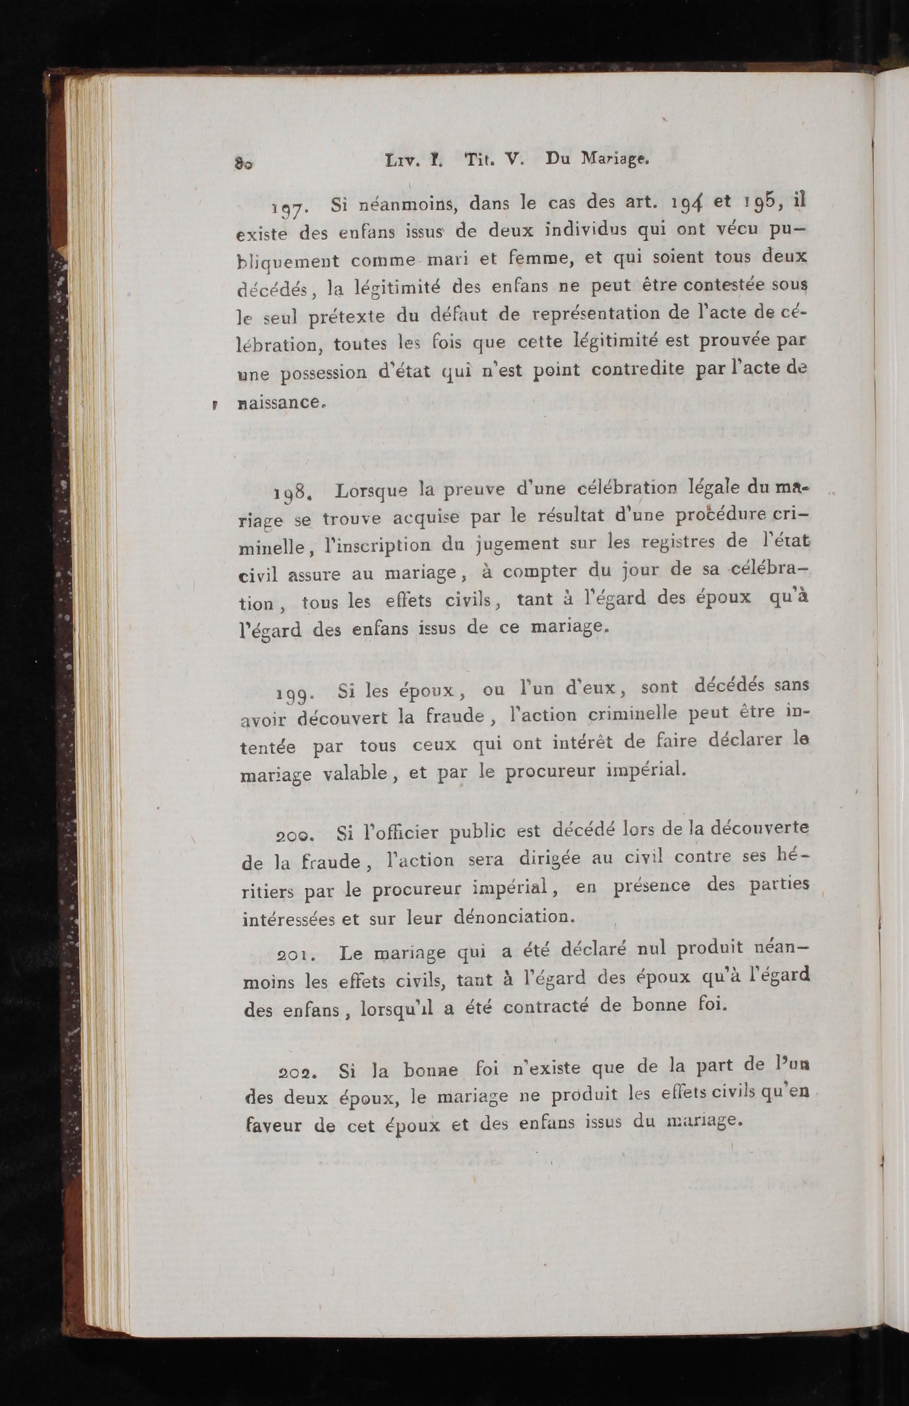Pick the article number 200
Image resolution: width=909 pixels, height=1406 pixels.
point(293,836)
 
